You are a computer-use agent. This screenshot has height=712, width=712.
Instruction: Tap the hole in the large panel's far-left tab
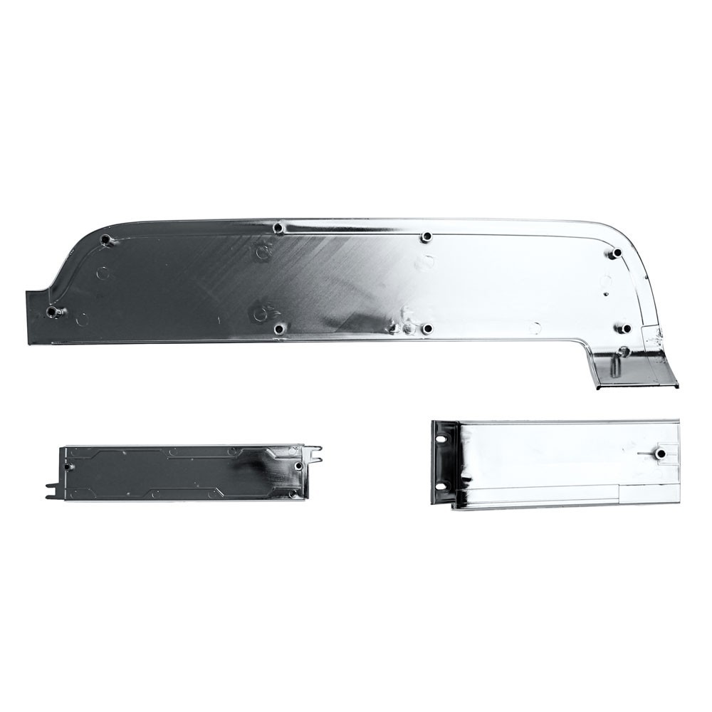(51, 312)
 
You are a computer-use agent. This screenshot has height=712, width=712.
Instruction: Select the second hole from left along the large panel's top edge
(278, 228)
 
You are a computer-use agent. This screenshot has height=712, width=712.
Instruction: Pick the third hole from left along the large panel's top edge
(426, 236)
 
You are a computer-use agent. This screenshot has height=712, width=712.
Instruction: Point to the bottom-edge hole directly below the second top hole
(278, 329)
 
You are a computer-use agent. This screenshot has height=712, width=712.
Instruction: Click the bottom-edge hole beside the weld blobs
(427, 328)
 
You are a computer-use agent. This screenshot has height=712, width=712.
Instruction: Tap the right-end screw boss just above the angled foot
(624, 328)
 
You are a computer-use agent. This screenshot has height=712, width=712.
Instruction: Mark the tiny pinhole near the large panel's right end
(604, 293)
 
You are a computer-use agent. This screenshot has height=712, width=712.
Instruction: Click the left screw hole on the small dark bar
(69, 466)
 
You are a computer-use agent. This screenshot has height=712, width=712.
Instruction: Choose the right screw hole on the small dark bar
(298, 466)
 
